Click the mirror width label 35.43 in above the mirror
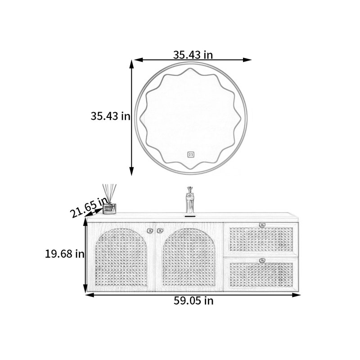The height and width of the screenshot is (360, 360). [x=193, y=54]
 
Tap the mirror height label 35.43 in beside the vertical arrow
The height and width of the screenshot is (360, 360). [x=110, y=116]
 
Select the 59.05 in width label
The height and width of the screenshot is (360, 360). [x=193, y=301]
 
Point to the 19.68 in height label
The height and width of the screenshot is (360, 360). [x=64, y=254]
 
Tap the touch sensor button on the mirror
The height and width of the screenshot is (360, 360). [x=191, y=154]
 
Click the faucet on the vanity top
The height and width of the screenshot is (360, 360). [x=190, y=200]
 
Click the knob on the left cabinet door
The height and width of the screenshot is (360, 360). [x=150, y=230]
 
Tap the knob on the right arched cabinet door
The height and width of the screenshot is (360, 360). [x=160, y=230]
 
